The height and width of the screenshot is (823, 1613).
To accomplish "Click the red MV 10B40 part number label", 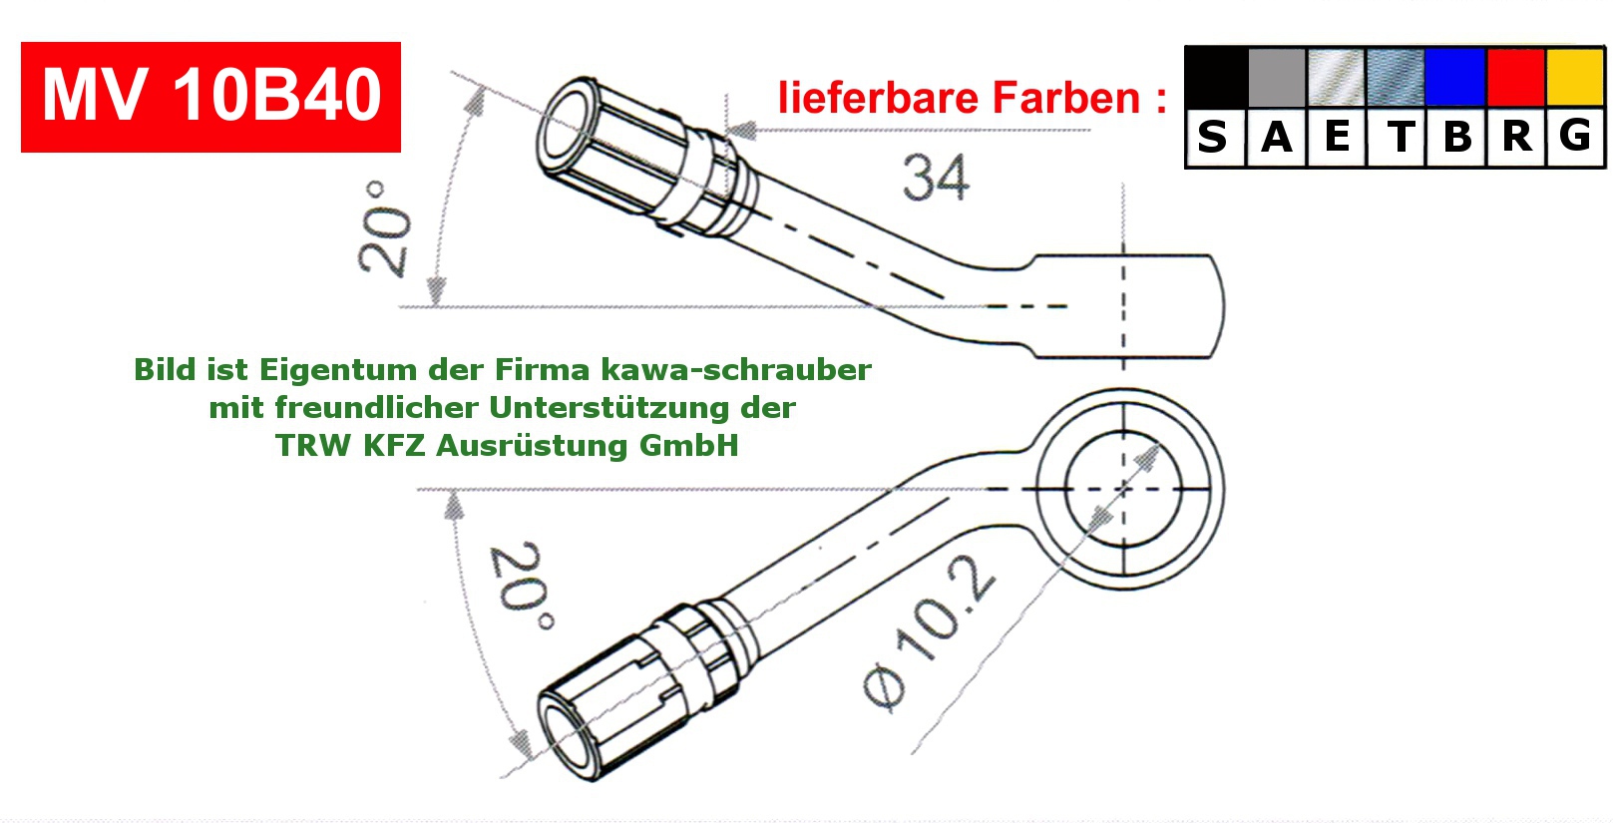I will pos(210,97).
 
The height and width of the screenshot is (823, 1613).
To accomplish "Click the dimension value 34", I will pos(935,178).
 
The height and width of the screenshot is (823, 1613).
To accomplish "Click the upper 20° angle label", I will pos(385,228).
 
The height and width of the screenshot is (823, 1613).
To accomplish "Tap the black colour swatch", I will pos(1216,77).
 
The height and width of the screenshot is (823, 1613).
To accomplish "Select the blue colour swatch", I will pos(1455,77).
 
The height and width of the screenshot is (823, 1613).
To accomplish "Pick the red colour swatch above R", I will pos(1515,77).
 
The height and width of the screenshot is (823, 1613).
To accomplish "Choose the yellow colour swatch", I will pos(1574,77).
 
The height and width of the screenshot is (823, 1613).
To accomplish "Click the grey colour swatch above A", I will pos(1276,77).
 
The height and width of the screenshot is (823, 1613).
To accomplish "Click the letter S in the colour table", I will pos(1213,137).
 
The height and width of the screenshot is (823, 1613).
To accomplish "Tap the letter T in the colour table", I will pos(1400,137).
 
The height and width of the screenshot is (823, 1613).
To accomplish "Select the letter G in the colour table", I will pos(1575,136).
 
